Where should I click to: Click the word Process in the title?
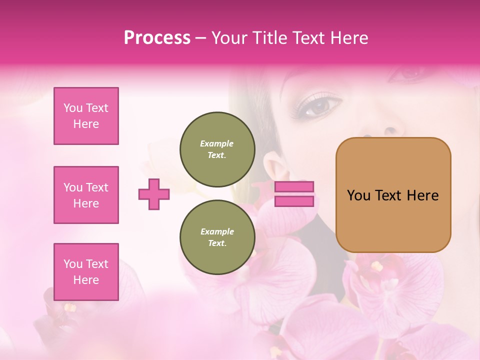(x=157, y=38)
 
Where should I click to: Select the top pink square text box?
(x=86, y=116)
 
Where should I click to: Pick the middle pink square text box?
(x=86, y=195)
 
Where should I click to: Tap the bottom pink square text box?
(x=86, y=272)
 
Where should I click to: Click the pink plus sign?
(x=154, y=194)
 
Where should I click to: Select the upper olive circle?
(x=217, y=149)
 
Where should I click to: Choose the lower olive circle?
(x=217, y=237)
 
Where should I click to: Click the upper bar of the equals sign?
(x=294, y=186)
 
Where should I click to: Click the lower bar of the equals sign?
(x=294, y=201)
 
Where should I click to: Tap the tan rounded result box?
(x=393, y=194)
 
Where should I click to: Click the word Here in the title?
(x=348, y=38)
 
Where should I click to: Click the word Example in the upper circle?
(x=217, y=143)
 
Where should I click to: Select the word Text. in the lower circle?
(x=217, y=243)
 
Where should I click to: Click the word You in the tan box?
(x=358, y=195)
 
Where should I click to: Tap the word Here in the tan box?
(x=423, y=195)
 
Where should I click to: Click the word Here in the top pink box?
(x=86, y=124)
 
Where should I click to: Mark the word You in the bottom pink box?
(x=73, y=264)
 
